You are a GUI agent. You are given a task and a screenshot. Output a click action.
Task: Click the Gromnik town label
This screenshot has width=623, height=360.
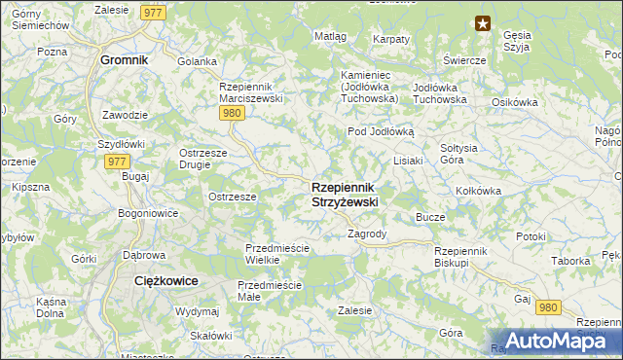click(124, 59)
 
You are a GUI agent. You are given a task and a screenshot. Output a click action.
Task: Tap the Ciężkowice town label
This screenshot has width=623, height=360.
click(165, 280)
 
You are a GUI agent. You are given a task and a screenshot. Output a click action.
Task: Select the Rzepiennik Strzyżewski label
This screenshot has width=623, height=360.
click(345, 194)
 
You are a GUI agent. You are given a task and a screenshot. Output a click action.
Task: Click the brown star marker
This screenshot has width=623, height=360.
click(482, 23)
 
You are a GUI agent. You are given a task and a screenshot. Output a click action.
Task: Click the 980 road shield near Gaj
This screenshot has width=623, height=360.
click(548, 306)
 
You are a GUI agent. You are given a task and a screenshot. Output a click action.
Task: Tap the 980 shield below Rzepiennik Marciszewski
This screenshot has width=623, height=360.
click(232, 113)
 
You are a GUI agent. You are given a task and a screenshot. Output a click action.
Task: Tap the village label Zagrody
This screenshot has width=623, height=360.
click(367, 234)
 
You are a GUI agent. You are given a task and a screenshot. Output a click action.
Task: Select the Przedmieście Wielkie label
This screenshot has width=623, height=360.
click(276, 254)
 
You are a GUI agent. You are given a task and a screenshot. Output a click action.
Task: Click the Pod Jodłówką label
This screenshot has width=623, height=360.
click(381, 131)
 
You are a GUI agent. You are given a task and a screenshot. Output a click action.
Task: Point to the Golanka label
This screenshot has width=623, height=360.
click(197, 61)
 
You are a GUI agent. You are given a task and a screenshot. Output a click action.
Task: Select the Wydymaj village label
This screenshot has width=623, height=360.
click(197, 311)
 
